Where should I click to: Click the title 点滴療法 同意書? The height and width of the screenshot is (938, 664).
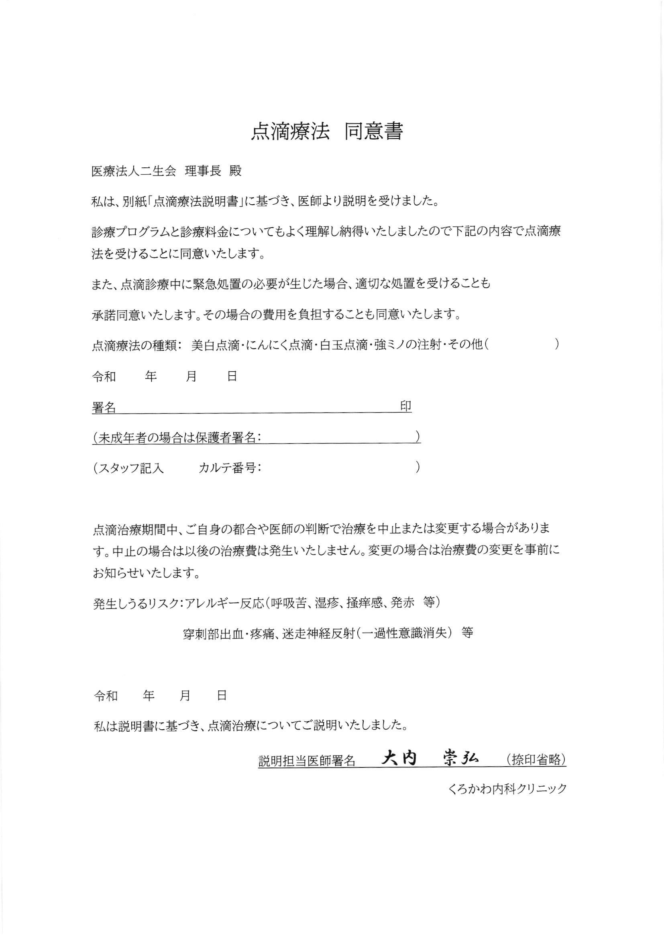[327, 132]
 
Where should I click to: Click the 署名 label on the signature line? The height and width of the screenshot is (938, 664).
[104, 407]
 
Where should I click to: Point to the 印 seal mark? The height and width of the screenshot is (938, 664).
[405, 406]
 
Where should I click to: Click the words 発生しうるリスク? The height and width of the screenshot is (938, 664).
[136, 603]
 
